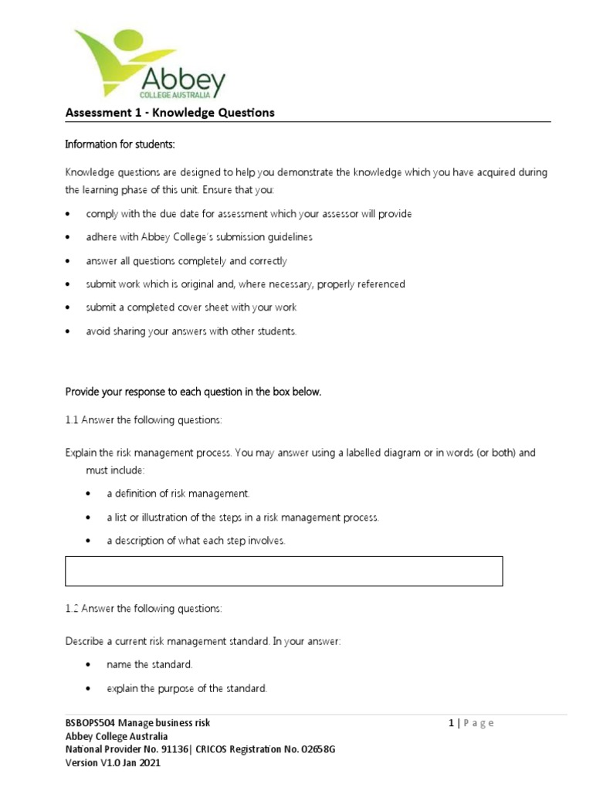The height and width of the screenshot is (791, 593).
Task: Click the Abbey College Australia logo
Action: point(149,64)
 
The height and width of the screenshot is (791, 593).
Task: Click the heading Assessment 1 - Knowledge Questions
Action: point(170,113)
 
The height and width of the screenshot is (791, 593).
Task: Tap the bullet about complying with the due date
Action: point(249,214)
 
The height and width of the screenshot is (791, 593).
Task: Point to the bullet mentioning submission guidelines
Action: point(199,237)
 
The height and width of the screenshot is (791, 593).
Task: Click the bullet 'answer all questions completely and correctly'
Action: point(186,261)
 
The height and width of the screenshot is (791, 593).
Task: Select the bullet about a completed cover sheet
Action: point(191,307)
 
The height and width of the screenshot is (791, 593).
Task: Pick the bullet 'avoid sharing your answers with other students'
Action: point(191,331)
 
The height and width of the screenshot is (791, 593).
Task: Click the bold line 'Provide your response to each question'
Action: point(193,392)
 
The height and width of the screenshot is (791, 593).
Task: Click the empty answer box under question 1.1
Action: point(284,571)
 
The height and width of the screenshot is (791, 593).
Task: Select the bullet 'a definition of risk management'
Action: point(178,494)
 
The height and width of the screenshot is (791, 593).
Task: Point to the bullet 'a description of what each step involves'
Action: point(195,541)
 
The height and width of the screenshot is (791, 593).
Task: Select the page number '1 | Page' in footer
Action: point(471,723)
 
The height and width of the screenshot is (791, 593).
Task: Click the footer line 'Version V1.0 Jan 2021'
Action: point(114,762)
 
